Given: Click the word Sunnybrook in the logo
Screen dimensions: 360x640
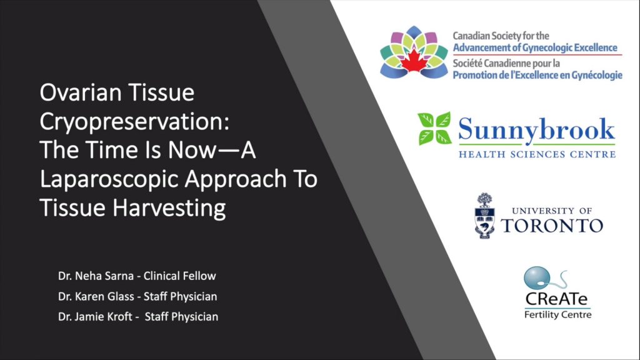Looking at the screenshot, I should pyautogui.click(x=536, y=130).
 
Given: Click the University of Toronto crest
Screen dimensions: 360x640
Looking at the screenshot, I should pyautogui.click(x=484, y=216).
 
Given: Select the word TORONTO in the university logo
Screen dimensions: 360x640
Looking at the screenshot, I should pyautogui.click(x=552, y=226).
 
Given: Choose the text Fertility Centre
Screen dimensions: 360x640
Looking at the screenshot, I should pyautogui.click(x=557, y=314).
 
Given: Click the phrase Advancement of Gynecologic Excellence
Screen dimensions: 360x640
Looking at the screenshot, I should pyautogui.click(x=535, y=48).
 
